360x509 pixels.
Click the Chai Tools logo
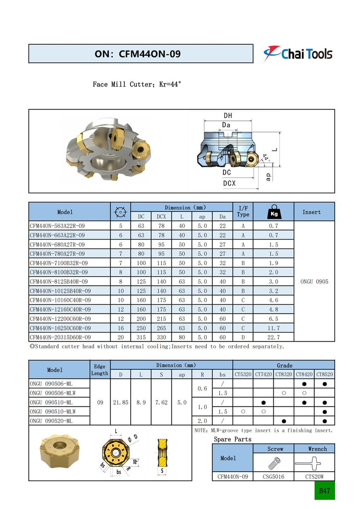coord(298,53)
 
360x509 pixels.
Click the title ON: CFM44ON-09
coord(137,54)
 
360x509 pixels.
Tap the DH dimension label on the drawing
coord(227,116)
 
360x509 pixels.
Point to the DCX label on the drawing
coord(229,183)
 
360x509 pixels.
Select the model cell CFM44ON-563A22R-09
coord(57,226)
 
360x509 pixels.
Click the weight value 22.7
coord(273,337)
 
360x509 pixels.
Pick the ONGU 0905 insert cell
coord(314,281)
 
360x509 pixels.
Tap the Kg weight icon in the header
coord(273,211)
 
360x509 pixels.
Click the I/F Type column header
coord(243,211)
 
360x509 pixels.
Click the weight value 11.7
coord(273,328)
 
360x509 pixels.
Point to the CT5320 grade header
coord(243,374)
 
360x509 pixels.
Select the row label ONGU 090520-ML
coord(51,421)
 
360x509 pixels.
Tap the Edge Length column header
coord(99,369)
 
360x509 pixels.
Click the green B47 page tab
coord(324,491)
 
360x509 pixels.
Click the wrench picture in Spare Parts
coord(314,463)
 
